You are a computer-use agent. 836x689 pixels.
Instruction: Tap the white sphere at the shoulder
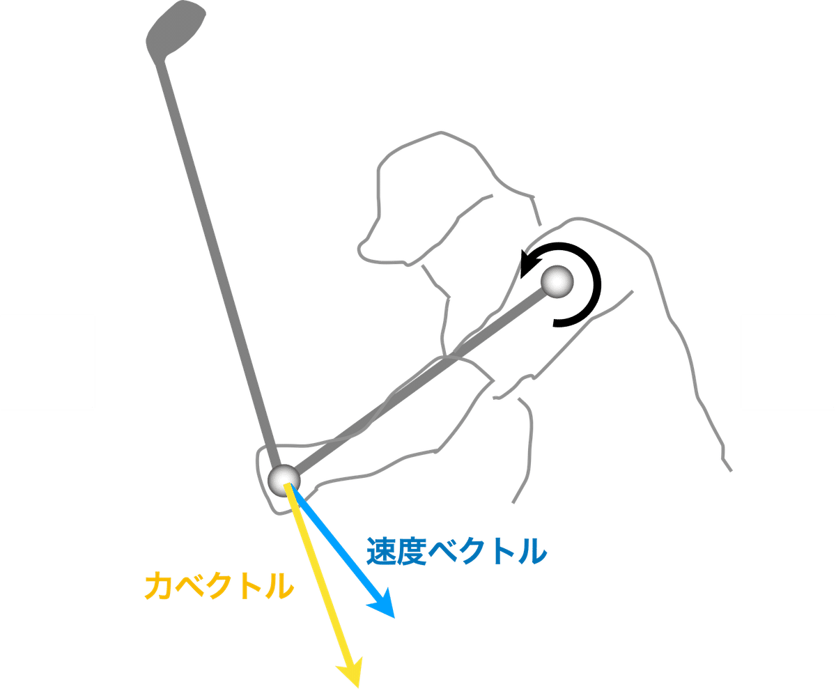(558, 282)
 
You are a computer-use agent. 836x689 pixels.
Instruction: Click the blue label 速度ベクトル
(456, 552)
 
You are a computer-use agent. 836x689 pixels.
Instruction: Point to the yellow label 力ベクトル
(218, 587)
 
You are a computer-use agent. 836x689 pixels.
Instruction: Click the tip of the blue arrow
(393, 616)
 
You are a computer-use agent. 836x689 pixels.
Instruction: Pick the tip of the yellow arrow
(357, 682)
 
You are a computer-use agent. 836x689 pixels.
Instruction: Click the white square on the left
(47, 362)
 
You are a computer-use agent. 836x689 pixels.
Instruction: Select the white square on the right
(788, 362)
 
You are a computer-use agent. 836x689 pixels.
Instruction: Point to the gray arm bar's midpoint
(421, 380)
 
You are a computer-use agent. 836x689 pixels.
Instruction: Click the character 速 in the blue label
(380, 552)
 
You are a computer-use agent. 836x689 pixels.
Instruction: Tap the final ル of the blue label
(531, 552)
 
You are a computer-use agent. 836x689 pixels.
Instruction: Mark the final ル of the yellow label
(277, 587)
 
